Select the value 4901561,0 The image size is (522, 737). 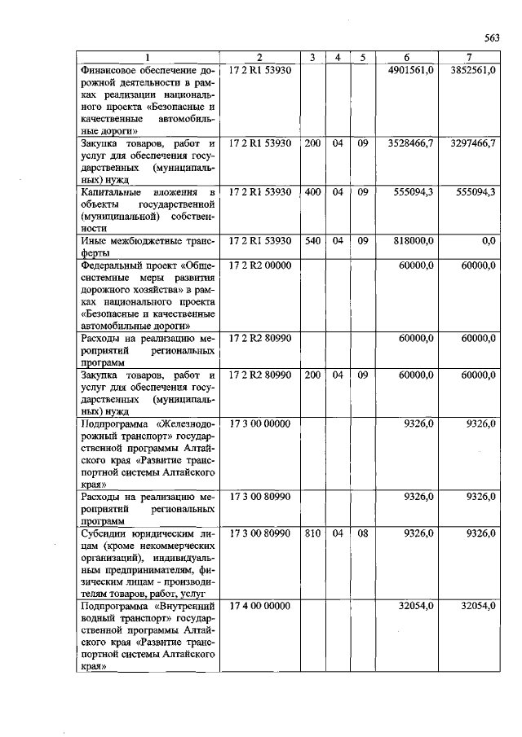(x=413, y=71)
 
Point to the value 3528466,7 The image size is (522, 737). (x=413, y=143)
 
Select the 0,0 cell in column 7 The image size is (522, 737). (x=489, y=241)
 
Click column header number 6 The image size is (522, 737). (x=407, y=57)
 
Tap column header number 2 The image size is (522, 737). (x=259, y=57)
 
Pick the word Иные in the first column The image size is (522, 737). (x=93, y=241)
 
